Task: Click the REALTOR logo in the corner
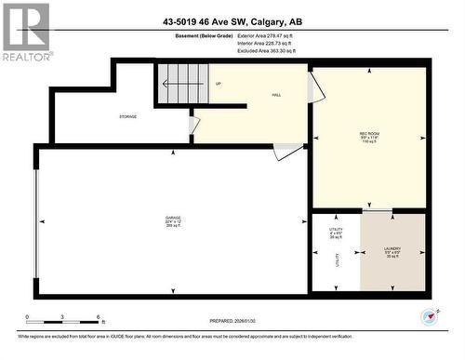pyautogui.click(x=26, y=31)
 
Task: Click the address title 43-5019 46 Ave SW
pyautogui.click(x=232, y=21)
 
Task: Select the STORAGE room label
pyautogui.click(x=127, y=116)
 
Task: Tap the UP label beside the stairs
pyautogui.click(x=218, y=83)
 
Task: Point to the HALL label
pyautogui.click(x=276, y=94)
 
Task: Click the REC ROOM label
pyautogui.click(x=369, y=138)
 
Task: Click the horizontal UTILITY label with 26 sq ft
pyautogui.click(x=336, y=233)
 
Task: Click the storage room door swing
pyautogui.click(x=193, y=124)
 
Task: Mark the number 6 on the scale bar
pyautogui.click(x=99, y=317)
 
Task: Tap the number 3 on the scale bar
pyautogui.click(x=62, y=317)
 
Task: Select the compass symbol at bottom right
pyautogui.click(x=429, y=316)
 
